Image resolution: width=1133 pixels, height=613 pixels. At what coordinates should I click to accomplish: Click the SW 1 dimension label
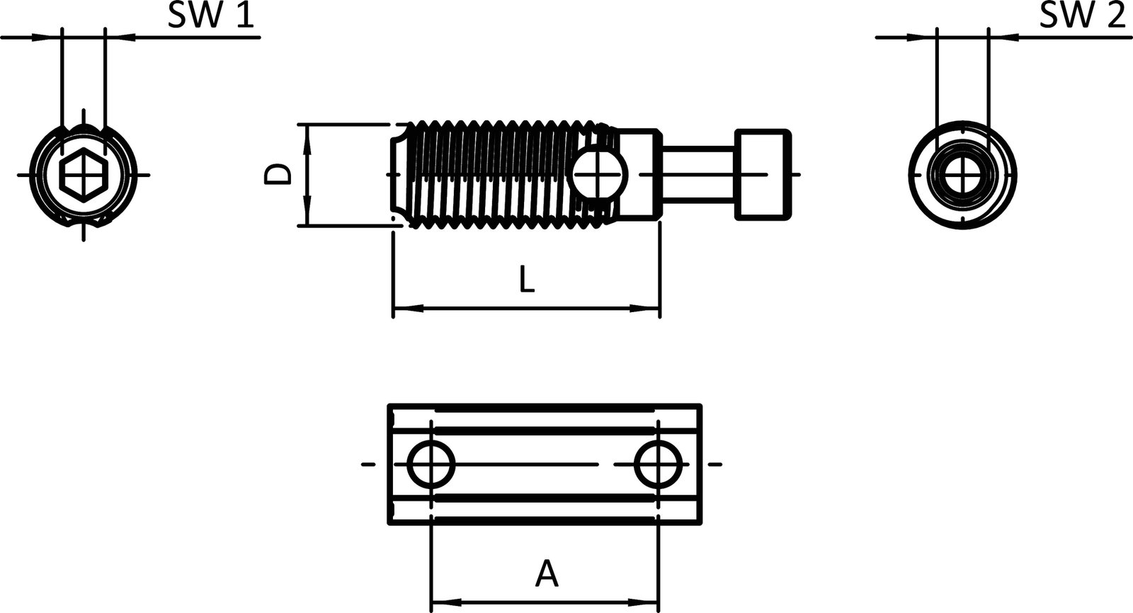coord(210,16)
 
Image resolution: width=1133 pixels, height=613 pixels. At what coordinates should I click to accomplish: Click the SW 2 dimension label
coord(1082,16)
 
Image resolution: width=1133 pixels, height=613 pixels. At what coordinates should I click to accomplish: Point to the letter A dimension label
coord(546,573)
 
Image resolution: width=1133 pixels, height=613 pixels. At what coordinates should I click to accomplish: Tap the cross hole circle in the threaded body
coord(599,174)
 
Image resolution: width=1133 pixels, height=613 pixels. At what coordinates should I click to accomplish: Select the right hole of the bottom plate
coord(659,464)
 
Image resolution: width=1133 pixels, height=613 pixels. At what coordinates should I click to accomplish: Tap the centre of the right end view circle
coord(963,174)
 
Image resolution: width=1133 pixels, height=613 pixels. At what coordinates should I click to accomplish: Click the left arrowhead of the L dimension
coord(406,309)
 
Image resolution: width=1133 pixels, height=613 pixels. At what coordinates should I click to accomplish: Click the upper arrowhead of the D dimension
coord(307,138)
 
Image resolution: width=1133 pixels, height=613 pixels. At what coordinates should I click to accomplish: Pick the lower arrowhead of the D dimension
coord(307,212)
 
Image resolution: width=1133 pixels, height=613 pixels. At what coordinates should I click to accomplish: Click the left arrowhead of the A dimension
coord(445,604)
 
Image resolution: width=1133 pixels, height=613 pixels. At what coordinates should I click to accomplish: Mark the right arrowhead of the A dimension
coord(646,604)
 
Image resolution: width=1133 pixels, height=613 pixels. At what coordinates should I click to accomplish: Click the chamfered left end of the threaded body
coord(399,174)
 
